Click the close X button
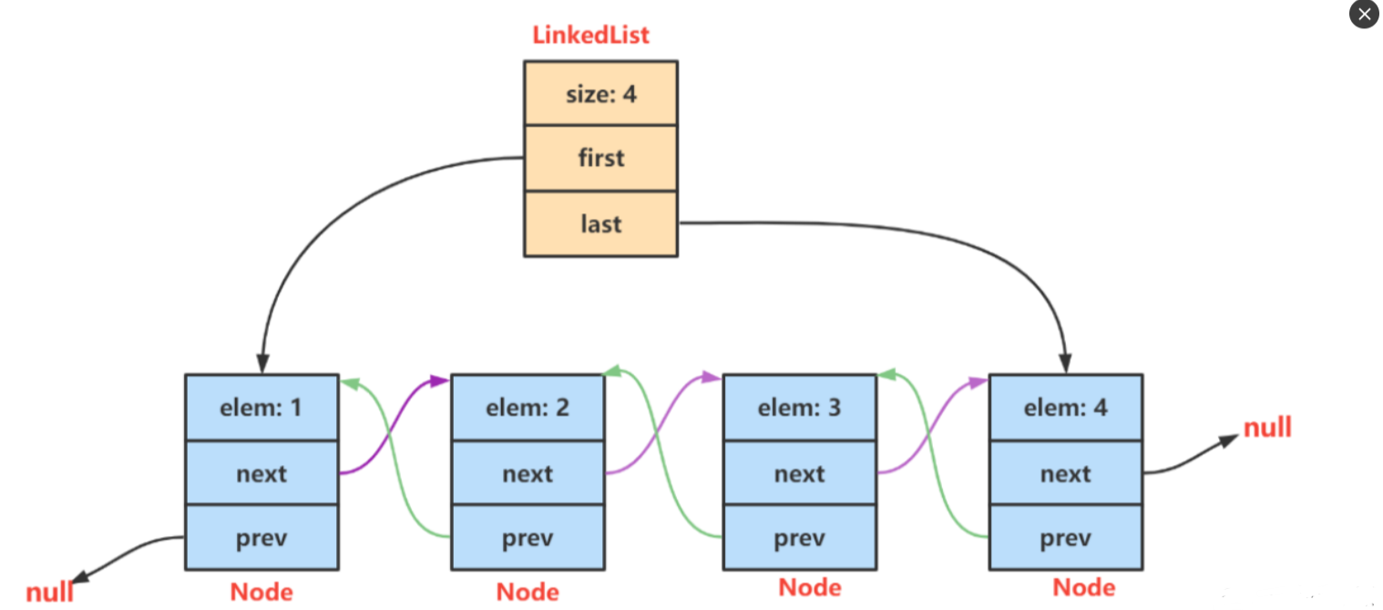coord(1364,15)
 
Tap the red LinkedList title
coord(591,36)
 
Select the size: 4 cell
coord(600,93)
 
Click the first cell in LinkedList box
coord(600,159)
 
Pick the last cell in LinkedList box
coord(600,223)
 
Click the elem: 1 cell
coord(261,408)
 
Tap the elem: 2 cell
coord(528,408)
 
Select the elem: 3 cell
coord(800,408)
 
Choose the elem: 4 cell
coord(1066,408)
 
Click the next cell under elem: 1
coord(261,473)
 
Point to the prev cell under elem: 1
coord(261,537)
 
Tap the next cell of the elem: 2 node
coord(528,473)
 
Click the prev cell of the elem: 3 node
coord(800,537)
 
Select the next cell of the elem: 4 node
coord(1066,473)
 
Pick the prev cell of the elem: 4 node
coord(1066,537)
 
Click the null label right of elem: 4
coord(1267,427)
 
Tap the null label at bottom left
coord(49,592)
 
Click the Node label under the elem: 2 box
coord(528,592)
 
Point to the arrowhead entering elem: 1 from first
coord(263,364)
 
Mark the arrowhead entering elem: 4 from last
coord(1065,364)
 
